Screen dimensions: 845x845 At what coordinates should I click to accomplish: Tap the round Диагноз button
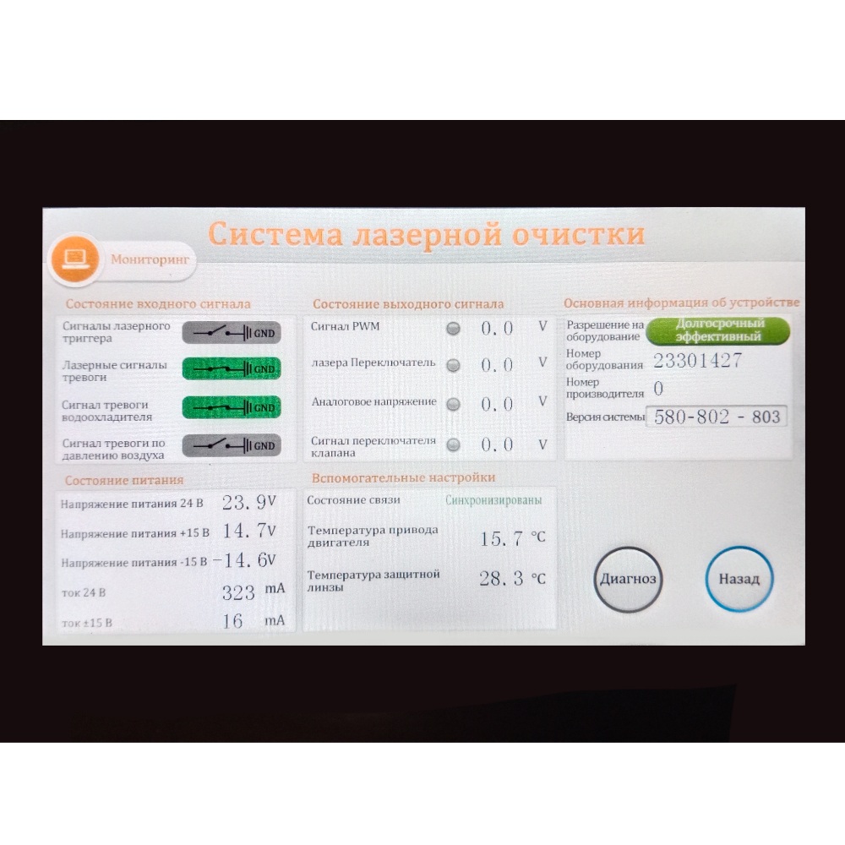pos(628,580)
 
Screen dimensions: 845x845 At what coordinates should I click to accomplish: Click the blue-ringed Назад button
pos(739,579)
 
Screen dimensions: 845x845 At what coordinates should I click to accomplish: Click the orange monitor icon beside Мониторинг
pos(75,259)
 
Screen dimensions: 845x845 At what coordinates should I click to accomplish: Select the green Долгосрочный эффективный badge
pos(717,330)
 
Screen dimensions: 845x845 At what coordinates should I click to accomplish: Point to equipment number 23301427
pos(697,360)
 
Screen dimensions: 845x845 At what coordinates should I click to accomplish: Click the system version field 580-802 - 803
pos(717,417)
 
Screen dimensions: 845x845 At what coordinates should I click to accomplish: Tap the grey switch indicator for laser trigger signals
pos(232,333)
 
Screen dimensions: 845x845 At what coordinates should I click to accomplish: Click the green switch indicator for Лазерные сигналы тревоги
pos(232,368)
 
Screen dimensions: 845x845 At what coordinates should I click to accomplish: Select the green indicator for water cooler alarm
pos(232,407)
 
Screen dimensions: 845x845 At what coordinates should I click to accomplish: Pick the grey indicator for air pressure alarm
pos(232,445)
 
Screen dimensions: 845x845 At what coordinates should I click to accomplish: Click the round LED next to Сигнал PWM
pos(453,329)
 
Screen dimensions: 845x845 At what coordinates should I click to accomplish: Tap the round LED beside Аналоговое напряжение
pos(453,404)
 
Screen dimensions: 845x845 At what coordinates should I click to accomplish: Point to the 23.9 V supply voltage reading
pos(249,502)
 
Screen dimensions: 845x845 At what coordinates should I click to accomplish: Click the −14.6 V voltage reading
pos(245,560)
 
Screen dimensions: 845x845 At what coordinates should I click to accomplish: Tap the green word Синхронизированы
pos(493,500)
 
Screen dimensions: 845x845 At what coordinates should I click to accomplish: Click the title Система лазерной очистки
pos(426,235)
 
